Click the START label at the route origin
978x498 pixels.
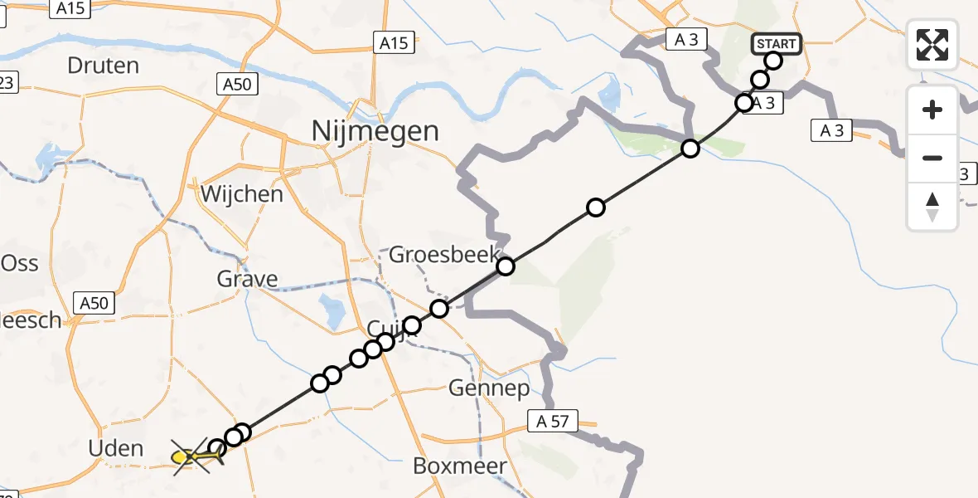[776, 44]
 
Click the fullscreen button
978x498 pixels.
[932, 45]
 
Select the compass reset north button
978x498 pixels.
[932, 207]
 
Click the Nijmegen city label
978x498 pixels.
[375, 130]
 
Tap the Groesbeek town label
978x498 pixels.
[444, 254]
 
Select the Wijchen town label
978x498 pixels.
[242, 194]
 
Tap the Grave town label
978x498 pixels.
[247, 279]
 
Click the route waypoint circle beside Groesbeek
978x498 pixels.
[506, 266]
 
